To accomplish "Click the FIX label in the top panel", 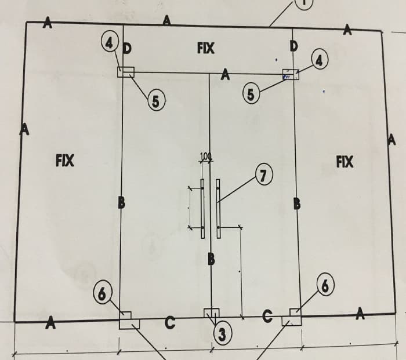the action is tap(205, 49).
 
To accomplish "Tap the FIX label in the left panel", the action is tap(64, 159).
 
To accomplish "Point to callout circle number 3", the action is tap(222, 333).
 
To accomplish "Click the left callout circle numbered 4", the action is tap(108, 42).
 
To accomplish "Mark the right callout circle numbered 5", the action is tap(250, 94).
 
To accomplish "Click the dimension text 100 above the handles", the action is tap(205, 156).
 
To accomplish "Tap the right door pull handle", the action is tap(218, 209).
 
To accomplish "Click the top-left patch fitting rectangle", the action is tap(126, 72).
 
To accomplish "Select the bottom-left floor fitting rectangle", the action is tap(126, 320).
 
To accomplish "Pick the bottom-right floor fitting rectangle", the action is tap(292, 318).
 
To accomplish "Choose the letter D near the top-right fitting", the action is tap(294, 45).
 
